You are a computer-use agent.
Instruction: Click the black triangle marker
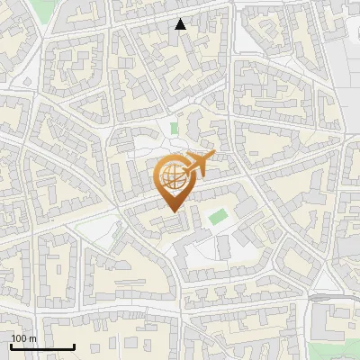(181, 24)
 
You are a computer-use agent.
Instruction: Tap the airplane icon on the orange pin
(196, 164)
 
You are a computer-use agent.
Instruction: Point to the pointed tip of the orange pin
(172, 210)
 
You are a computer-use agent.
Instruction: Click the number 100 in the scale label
(20, 338)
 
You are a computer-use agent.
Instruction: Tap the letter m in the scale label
(33, 338)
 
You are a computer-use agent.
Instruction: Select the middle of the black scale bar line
(42, 347)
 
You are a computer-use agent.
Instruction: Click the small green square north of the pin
(174, 129)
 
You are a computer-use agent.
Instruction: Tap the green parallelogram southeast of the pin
(216, 217)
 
